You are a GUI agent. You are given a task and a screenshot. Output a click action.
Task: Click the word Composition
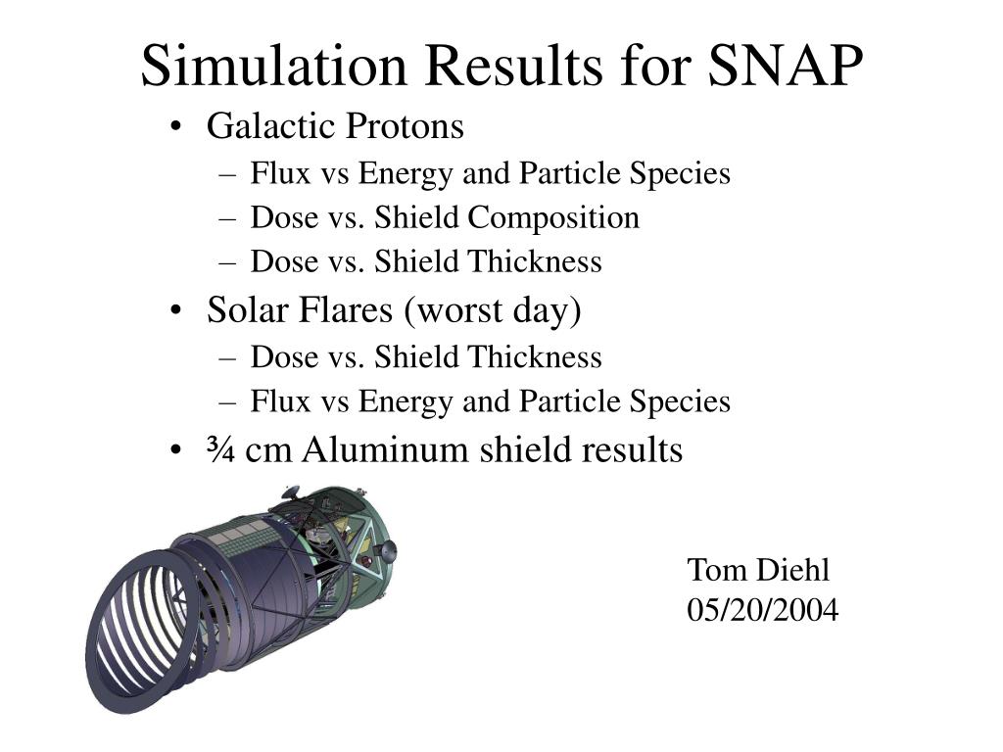pos(552,217)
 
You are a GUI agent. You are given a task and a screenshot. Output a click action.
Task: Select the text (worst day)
pos(490,311)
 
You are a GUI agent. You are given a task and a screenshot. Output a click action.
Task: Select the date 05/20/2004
pos(763,611)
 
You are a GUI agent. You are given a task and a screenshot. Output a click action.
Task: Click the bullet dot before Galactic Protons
pos(175,128)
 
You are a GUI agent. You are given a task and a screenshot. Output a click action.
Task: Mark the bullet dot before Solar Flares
pos(175,312)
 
